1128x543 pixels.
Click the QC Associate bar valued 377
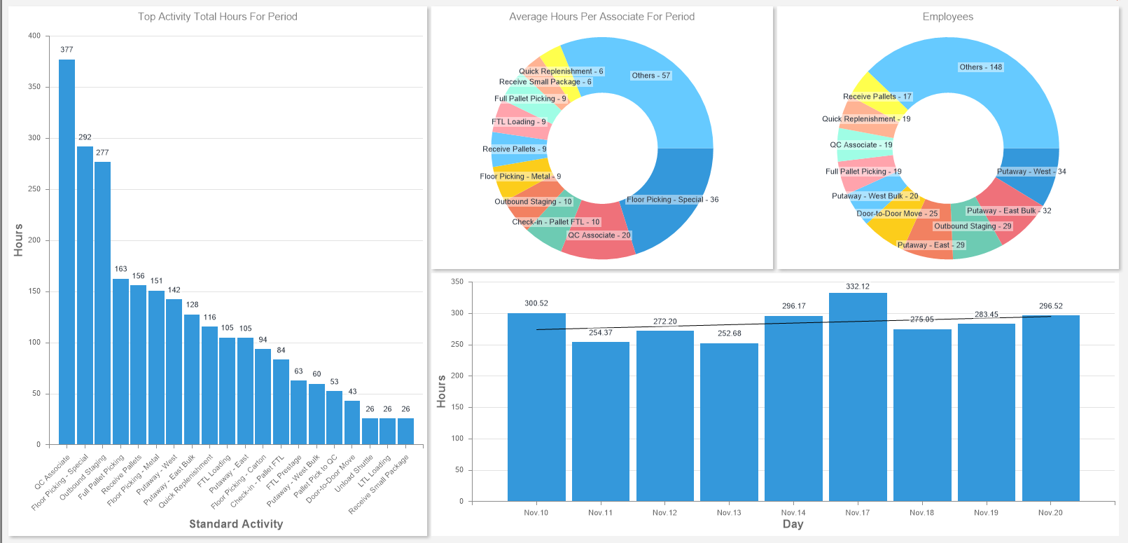point(67,252)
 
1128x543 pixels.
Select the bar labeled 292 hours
point(85,295)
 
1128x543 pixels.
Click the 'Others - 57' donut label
point(650,76)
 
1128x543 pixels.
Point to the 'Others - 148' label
point(980,67)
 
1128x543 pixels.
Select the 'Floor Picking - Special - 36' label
point(672,200)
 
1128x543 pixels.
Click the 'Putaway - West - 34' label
point(1031,172)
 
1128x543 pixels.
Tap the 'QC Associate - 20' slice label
point(599,235)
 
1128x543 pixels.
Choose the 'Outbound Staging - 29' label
point(973,226)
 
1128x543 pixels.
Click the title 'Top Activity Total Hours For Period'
point(217,17)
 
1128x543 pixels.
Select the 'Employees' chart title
point(947,17)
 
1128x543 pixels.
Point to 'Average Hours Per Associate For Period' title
point(601,17)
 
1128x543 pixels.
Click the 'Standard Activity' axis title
point(236,524)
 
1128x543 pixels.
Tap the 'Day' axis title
point(793,524)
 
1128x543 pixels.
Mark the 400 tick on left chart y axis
point(34,36)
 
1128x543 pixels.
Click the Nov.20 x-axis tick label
point(1050,513)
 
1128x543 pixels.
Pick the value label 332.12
point(858,287)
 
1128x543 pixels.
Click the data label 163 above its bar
point(121,269)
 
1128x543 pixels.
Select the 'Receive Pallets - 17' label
point(877,97)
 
